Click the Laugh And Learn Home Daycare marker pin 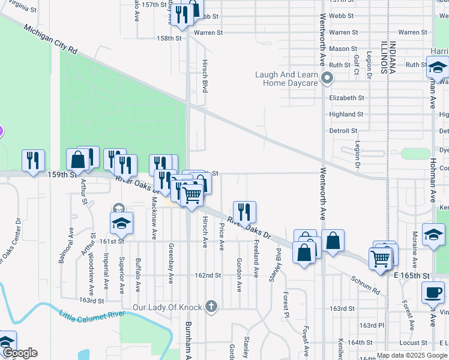(x=327, y=79)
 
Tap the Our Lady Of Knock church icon (x=210, y=307)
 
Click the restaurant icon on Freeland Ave (x=244, y=212)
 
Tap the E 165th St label (x=413, y=275)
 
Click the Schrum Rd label (x=366, y=285)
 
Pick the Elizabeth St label (x=346, y=98)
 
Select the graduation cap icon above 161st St (x=121, y=223)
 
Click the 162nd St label (x=208, y=275)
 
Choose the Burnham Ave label (x=187, y=342)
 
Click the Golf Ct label (x=357, y=63)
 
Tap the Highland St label (x=346, y=114)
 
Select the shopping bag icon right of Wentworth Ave (x=333, y=241)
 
